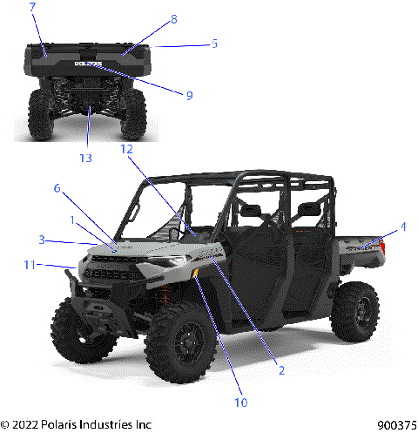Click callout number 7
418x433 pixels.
pyautogui.click(x=32, y=8)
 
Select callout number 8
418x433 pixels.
pyautogui.click(x=173, y=18)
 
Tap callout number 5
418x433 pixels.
pyautogui.click(x=214, y=43)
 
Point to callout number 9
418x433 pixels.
pyautogui.click(x=189, y=95)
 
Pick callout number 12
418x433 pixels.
pyautogui.click(x=126, y=149)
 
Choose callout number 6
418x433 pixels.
pyautogui.click(x=57, y=187)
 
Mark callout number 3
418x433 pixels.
pyautogui.click(x=41, y=239)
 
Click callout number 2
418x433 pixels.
pyautogui.click(x=281, y=369)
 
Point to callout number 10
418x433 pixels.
pyautogui.click(x=239, y=403)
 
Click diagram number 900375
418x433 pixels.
pyautogui.click(x=396, y=425)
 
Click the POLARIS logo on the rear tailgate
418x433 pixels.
pyautogui.click(x=88, y=64)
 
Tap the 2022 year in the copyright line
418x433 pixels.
pyautogui.click(x=27, y=425)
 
